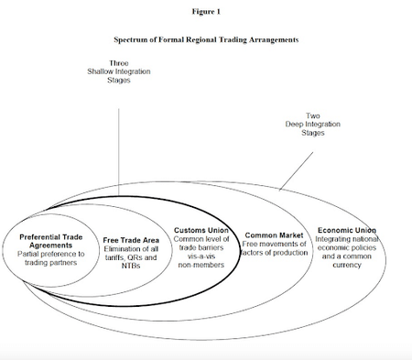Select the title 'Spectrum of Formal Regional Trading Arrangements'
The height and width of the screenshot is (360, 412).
pyautogui.click(x=205, y=40)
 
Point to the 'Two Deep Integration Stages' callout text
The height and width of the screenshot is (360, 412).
pyautogui.click(x=303, y=123)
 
